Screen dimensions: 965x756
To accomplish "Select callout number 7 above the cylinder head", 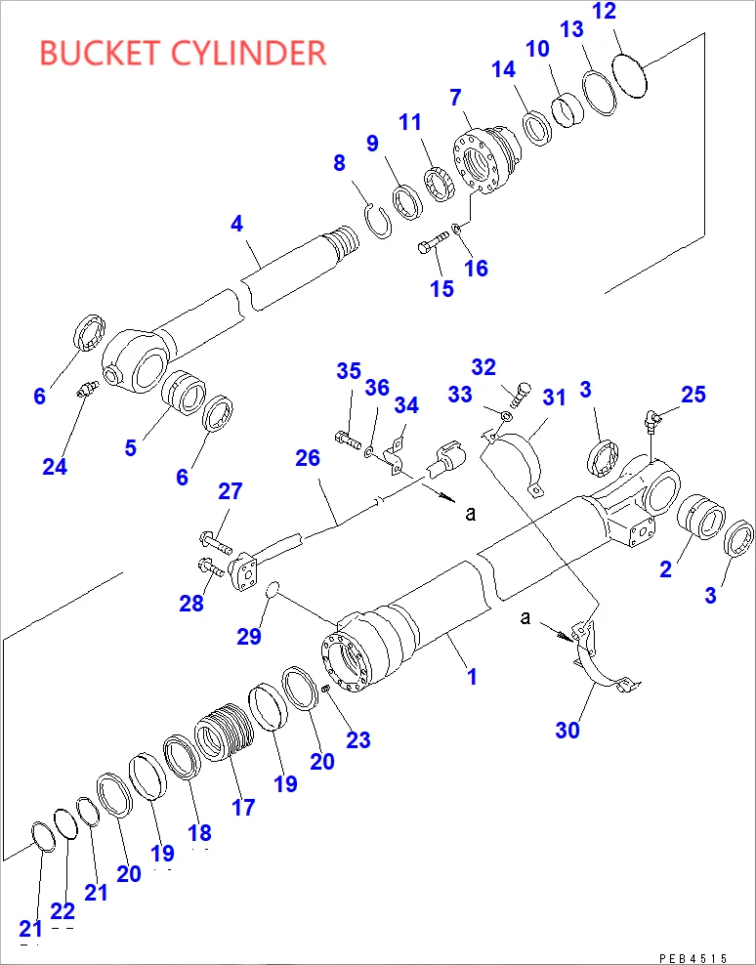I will click(x=455, y=98).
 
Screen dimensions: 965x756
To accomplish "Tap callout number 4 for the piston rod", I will click(x=236, y=224).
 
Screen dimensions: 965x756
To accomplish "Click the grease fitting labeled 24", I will click(x=85, y=393).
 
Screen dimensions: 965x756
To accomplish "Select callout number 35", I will click(x=349, y=371).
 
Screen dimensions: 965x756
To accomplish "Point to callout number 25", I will click(x=693, y=395).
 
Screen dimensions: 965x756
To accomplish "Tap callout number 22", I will click(x=63, y=911).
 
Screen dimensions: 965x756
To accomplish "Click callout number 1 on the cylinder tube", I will click(x=473, y=676).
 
